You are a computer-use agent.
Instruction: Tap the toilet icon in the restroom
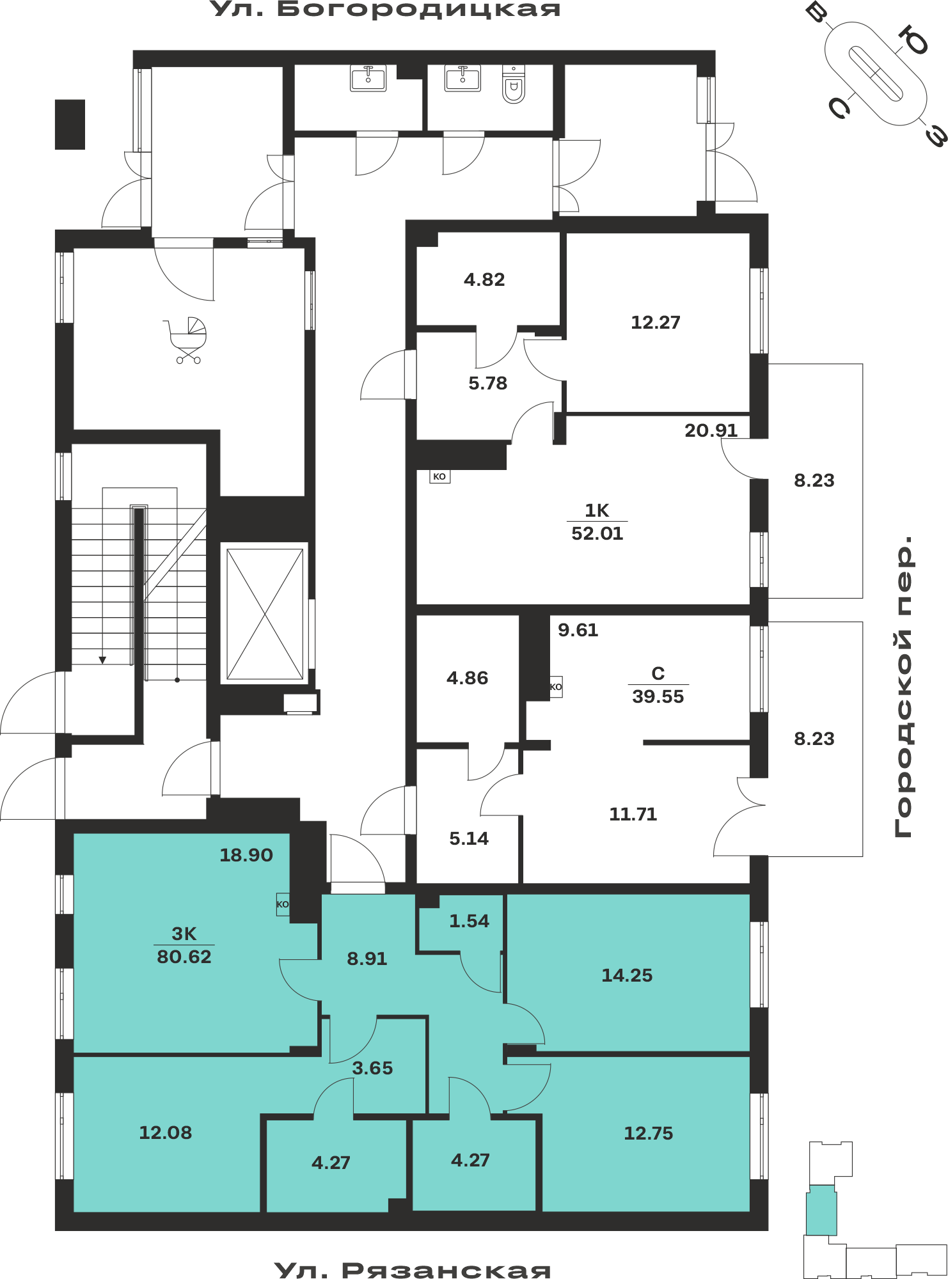coord(514,84)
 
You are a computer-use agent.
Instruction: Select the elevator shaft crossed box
coord(265,614)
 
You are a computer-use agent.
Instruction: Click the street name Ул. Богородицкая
coord(385,10)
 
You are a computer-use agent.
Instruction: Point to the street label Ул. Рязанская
coord(413,1269)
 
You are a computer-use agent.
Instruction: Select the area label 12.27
coord(656,322)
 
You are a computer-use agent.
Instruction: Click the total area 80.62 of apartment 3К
coord(184,957)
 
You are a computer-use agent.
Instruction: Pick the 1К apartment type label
coord(597,510)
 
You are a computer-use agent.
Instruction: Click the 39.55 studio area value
coord(658,696)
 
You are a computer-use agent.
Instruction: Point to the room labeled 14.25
coord(627,975)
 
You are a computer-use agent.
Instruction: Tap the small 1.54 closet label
coord(469,921)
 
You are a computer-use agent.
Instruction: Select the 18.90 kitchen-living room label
coord(246,855)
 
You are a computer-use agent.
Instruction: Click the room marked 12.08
coord(166,1133)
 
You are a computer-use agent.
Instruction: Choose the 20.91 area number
coord(711,430)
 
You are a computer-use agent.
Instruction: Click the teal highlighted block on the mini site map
coord(821,1210)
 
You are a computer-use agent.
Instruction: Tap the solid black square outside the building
coord(70,125)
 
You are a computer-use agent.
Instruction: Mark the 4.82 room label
coord(484,279)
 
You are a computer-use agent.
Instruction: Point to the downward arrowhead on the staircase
coord(102,660)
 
